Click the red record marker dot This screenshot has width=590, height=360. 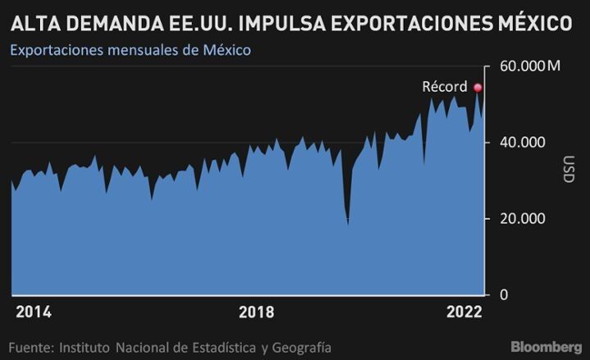(478, 88)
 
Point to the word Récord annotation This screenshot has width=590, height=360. (444, 87)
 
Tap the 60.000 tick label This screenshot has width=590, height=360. (522, 66)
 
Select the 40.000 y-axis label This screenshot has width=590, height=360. (522, 143)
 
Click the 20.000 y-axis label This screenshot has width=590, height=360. (522, 219)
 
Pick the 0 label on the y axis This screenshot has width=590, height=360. (504, 294)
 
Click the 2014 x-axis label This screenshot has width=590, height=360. (34, 312)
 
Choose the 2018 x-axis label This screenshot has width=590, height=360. (256, 312)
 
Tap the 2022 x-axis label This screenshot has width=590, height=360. (464, 312)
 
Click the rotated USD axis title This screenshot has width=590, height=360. (569, 169)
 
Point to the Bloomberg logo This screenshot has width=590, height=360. (546, 346)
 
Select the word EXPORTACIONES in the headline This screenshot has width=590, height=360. (411, 23)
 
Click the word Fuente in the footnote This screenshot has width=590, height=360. (32, 348)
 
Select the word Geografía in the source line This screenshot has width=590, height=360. (302, 348)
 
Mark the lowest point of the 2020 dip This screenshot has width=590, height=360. (348, 225)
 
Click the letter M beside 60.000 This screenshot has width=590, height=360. (554, 66)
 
